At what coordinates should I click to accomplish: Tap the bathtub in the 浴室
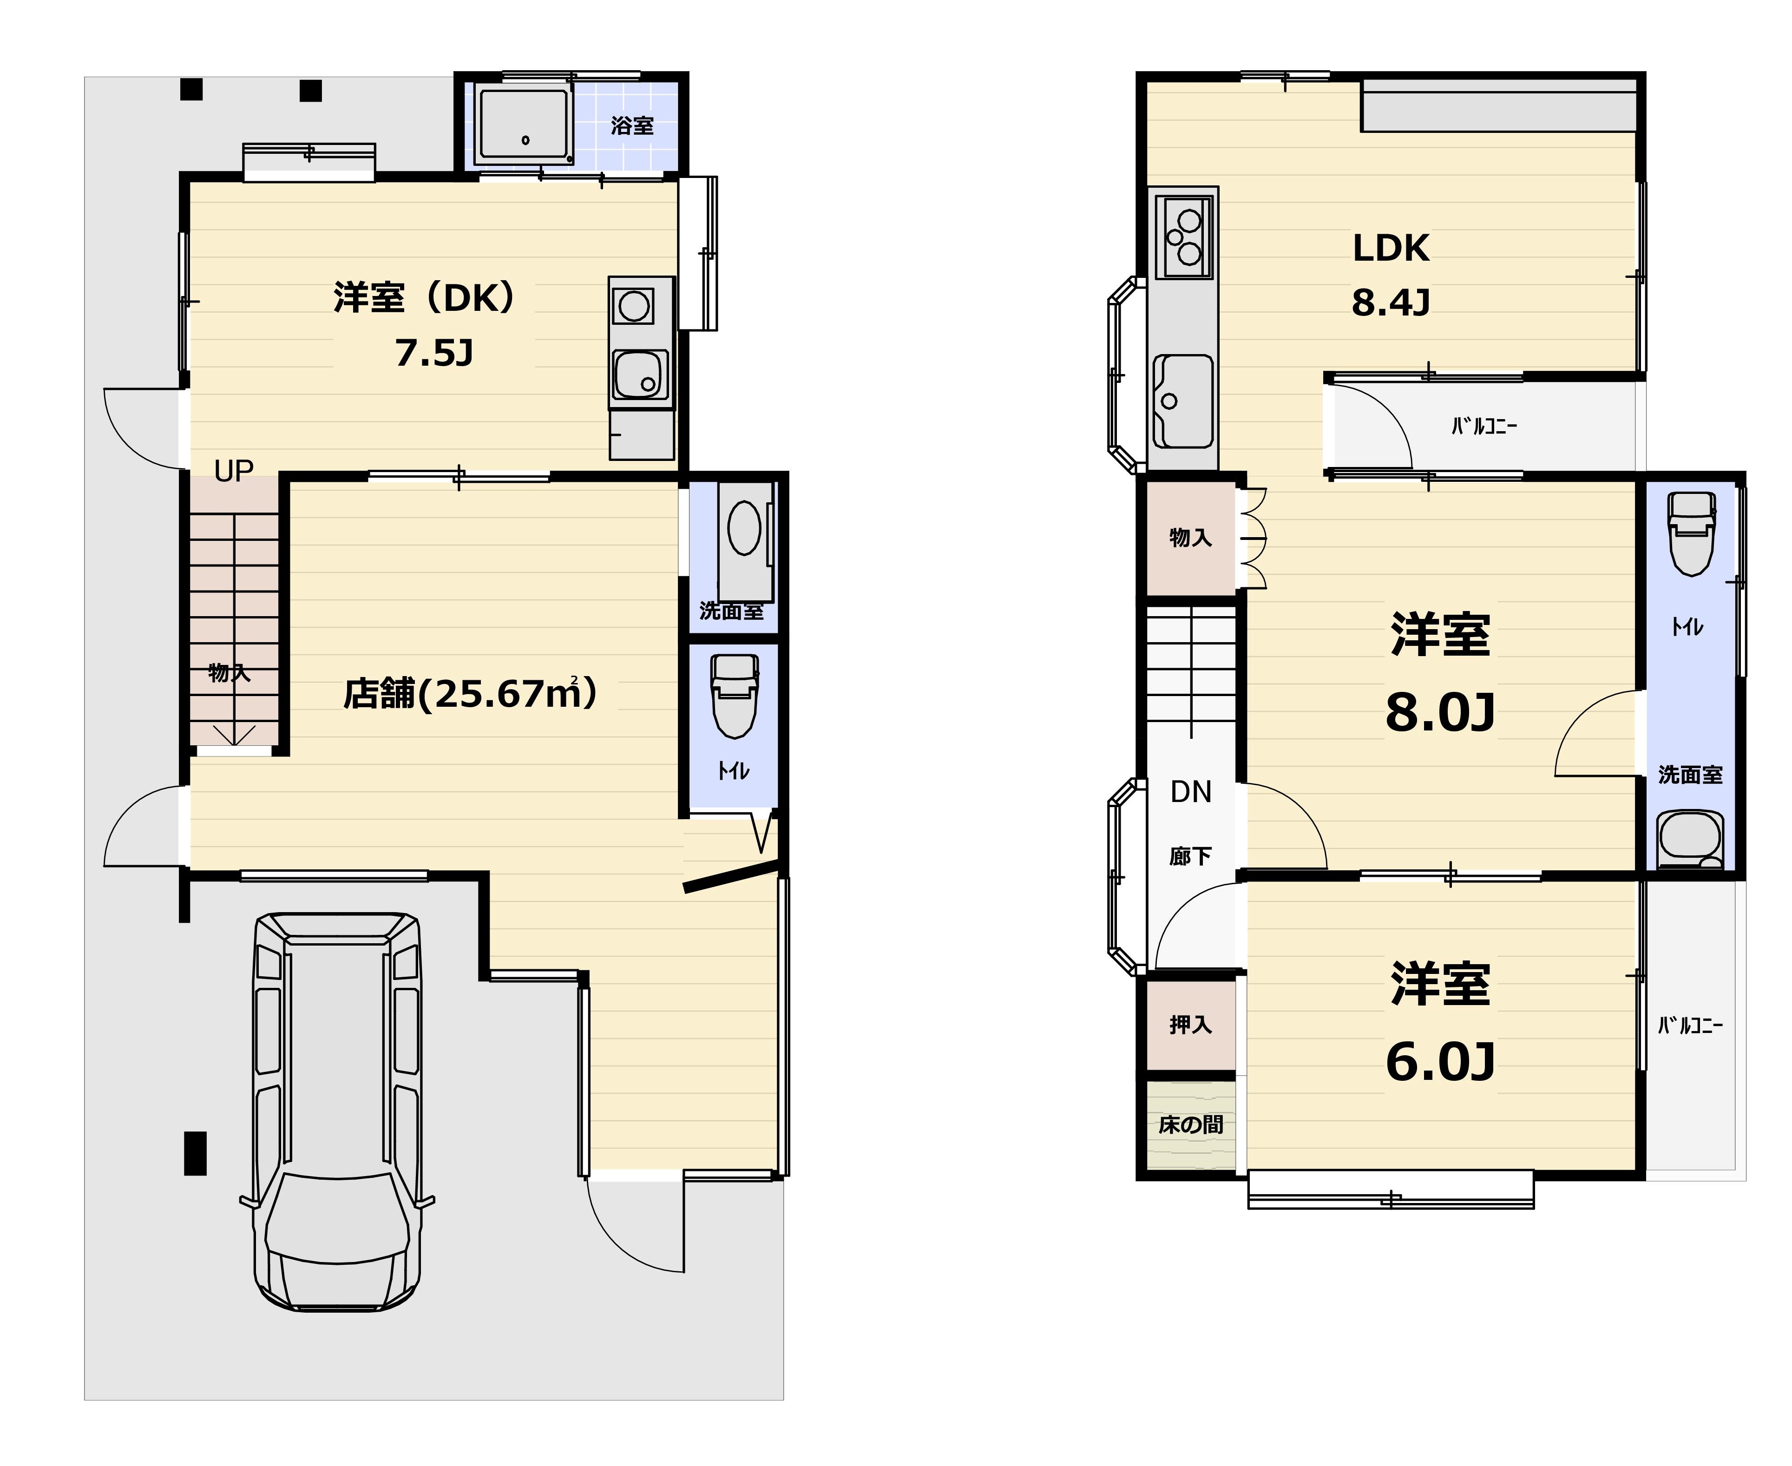[524, 125]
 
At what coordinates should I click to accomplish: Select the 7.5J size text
[434, 353]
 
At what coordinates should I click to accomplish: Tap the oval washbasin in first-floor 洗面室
[744, 529]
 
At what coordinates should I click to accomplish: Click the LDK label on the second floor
[1391, 248]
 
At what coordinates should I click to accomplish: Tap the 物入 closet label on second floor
[1191, 537]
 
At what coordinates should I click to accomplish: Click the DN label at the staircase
[1191, 791]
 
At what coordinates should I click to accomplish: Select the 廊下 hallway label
[1191, 856]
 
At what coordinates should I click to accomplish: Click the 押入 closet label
[1191, 1025]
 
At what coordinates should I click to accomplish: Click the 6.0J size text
[1440, 1062]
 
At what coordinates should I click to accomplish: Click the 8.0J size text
[1440, 712]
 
